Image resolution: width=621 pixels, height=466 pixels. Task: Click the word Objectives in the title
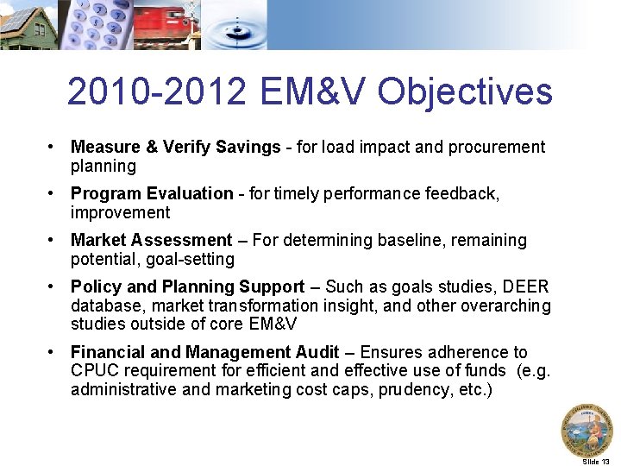click(x=465, y=91)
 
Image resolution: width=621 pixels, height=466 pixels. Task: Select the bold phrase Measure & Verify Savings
click(x=175, y=147)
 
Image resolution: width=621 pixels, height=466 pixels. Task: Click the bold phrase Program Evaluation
click(x=152, y=193)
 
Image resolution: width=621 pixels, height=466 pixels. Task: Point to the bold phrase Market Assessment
click(x=151, y=240)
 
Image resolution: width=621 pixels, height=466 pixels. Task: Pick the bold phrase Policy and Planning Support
click(x=187, y=287)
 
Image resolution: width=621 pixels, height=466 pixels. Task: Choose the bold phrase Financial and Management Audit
click(x=204, y=352)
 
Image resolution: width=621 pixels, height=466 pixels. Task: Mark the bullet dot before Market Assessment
click(x=53, y=240)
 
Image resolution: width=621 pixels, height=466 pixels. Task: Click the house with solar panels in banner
click(x=28, y=24)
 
